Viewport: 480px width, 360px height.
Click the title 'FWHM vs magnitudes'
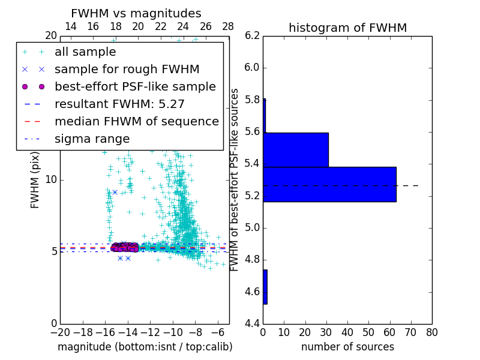click(136, 13)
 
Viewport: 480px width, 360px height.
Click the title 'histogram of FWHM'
click(347, 28)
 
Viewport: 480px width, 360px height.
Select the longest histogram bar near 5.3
click(329, 184)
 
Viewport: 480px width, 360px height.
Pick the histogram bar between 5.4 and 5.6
click(296, 149)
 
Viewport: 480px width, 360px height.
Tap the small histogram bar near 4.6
click(265, 287)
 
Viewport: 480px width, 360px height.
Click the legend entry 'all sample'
click(85, 52)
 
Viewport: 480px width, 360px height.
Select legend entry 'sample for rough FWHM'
click(127, 69)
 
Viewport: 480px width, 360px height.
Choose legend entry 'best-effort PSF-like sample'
click(135, 86)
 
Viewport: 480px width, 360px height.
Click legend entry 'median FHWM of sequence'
click(136, 121)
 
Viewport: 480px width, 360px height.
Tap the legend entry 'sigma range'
click(92, 139)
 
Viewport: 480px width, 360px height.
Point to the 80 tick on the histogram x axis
click(431, 332)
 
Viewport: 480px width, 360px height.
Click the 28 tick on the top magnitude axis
click(229, 26)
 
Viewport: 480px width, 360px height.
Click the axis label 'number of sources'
click(347, 347)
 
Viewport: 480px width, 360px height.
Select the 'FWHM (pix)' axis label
click(35, 179)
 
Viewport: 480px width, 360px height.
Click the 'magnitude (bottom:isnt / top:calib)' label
click(145, 347)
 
